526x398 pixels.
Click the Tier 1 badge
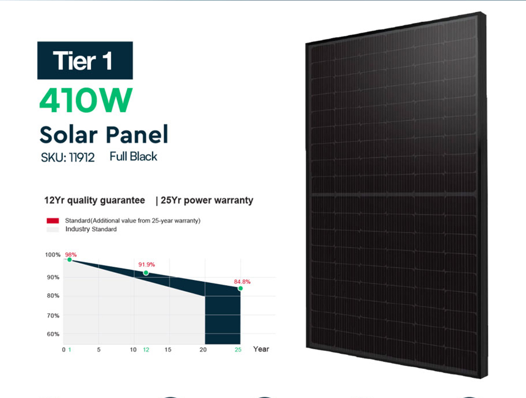(x=85, y=61)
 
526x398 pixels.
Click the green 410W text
(x=86, y=100)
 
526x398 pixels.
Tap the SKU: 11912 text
(x=68, y=157)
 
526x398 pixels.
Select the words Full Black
(x=133, y=156)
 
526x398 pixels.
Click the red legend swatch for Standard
(x=53, y=221)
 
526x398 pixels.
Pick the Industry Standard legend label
(x=91, y=229)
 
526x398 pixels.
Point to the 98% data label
(x=71, y=254)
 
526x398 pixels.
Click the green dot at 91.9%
(x=146, y=273)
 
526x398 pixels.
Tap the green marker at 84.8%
(x=240, y=288)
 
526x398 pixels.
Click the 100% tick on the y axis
(x=53, y=254)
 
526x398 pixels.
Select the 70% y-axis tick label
(x=53, y=315)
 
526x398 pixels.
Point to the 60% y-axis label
(x=53, y=334)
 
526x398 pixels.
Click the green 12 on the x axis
(x=146, y=349)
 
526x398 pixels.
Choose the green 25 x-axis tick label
(x=238, y=349)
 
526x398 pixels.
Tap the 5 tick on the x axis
(x=99, y=349)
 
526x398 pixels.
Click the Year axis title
(x=261, y=349)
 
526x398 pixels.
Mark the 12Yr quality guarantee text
(x=95, y=201)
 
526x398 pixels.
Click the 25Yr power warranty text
(x=207, y=201)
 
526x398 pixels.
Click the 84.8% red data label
(x=242, y=282)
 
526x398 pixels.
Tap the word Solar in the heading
(x=68, y=135)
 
